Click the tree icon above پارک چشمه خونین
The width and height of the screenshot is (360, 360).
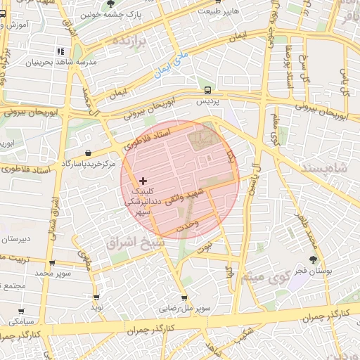click(x=111, y=4)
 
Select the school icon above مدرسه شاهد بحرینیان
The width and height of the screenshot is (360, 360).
click(x=60, y=52)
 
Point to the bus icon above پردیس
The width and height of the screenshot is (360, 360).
click(x=207, y=90)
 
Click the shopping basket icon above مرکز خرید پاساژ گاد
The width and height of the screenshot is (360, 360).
click(x=88, y=153)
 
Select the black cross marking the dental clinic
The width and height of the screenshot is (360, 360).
click(x=143, y=181)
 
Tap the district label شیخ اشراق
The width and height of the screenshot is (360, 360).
click(x=135, y=241)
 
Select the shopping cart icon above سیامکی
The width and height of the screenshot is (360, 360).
click(x=22, y=310)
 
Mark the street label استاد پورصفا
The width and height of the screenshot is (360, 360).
click(x=288, y=67)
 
